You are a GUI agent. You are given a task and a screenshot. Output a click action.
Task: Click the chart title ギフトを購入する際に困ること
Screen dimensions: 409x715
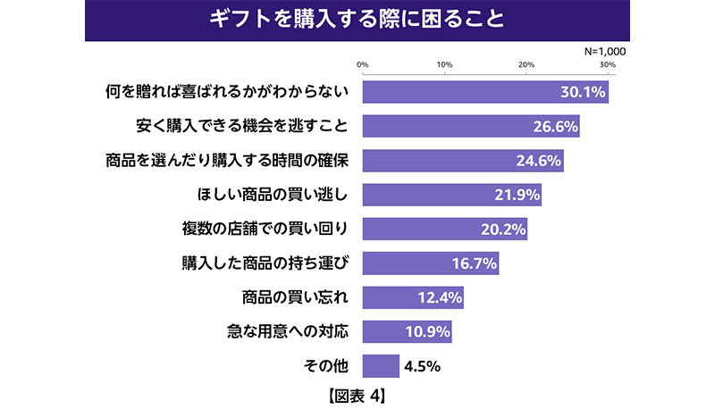click(357, 19)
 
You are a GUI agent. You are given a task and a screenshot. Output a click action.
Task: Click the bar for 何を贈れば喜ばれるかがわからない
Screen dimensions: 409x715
click(485, 91)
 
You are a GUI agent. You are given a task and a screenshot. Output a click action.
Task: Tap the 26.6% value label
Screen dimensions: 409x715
click(553, 126)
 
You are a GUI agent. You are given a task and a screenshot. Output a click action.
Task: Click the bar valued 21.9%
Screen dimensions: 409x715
click(451, 194)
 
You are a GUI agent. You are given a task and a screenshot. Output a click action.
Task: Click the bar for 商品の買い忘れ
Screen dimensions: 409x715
click(413, 297)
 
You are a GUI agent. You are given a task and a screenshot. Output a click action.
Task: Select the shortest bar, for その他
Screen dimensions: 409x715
click(381, 365)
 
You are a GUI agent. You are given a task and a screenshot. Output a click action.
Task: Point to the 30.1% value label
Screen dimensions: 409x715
click(582, 91)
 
